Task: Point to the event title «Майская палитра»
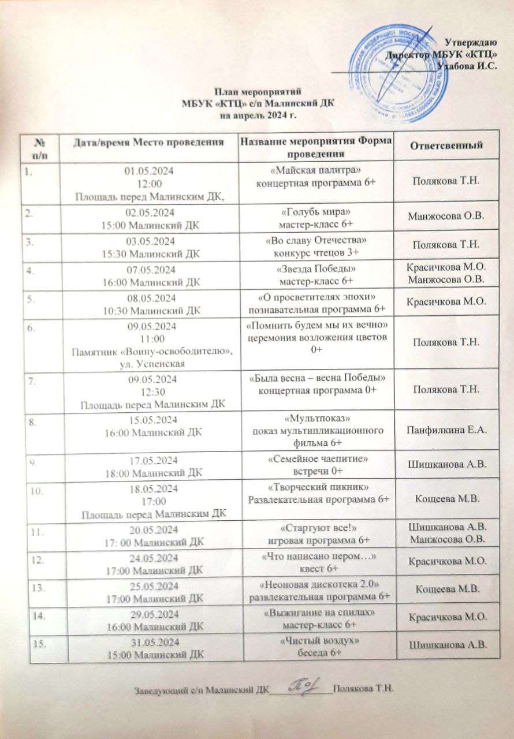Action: [316, 173]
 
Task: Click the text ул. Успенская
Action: [150, 363]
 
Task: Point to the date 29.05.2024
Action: [149, 614]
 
